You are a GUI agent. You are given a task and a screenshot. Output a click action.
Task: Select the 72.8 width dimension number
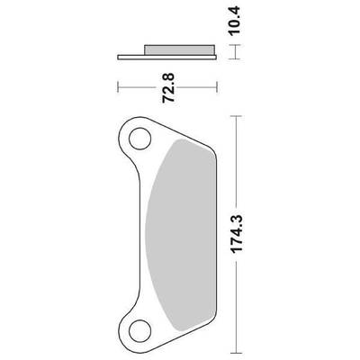(x=168, y=88)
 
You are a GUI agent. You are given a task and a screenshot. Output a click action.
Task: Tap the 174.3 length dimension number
(x=237, y=234)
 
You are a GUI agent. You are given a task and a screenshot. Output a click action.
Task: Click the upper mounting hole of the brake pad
(x=139, y=139)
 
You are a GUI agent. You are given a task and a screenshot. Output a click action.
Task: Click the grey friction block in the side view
(x=179, y=50)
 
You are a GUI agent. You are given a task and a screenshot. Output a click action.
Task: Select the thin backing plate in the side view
(x=167, y=58)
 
